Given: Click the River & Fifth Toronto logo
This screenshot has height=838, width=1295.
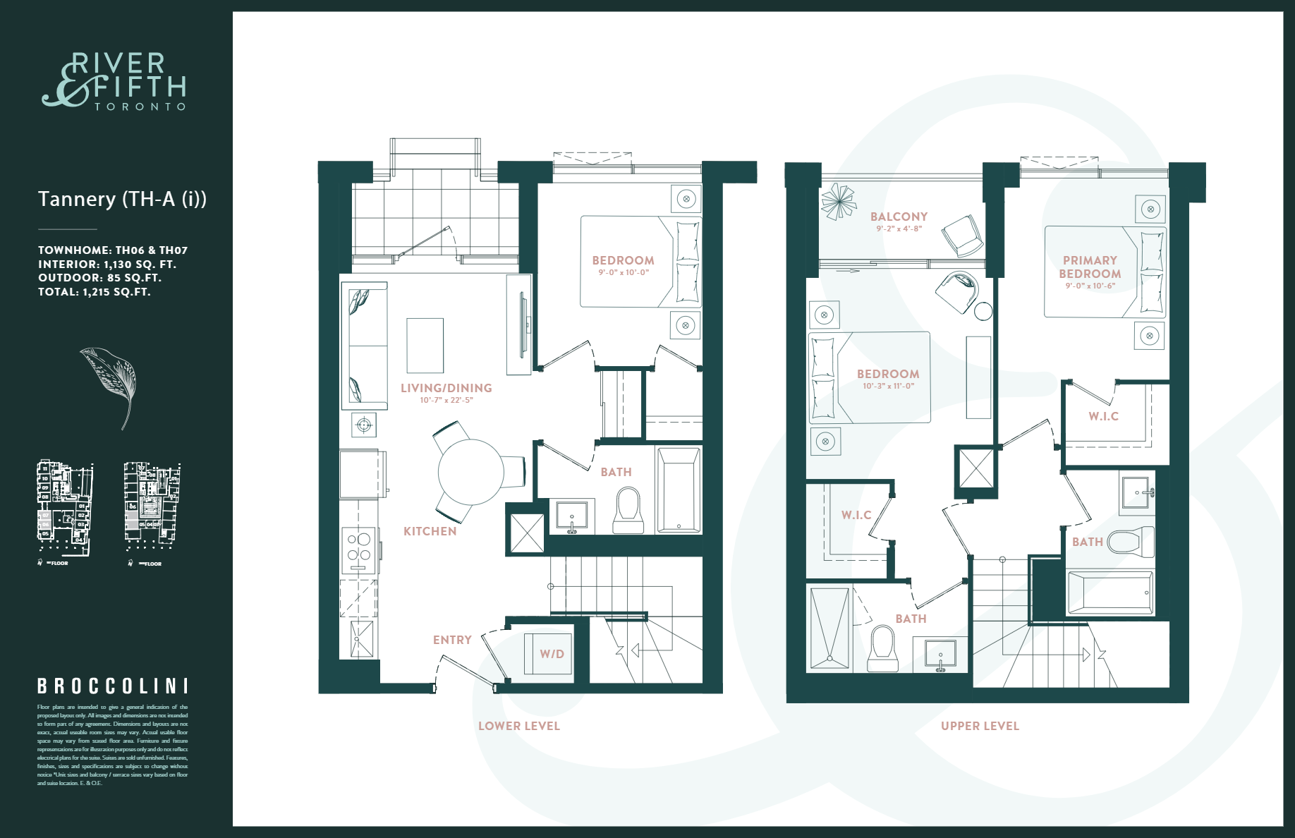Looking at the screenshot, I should coord(115,81).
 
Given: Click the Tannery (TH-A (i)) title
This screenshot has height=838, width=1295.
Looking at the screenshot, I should coord(122,199).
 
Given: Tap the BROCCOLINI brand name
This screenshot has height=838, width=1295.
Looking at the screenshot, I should coord(113,686).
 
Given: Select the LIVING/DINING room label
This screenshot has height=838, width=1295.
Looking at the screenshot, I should coord(446,388).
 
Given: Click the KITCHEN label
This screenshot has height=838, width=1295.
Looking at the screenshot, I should coord(430,531).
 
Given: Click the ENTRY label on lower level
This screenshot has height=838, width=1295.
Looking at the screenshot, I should coord(452,640).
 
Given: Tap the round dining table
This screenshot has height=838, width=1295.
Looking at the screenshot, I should coord(470,472).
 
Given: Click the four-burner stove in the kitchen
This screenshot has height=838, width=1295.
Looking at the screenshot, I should coord(359,547).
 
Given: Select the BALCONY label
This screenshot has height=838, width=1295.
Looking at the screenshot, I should coord(899,217).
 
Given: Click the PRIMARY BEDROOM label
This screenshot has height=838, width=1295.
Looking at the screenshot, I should coord(1090,267).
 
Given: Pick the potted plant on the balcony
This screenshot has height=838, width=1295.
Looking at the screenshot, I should coord(839,201).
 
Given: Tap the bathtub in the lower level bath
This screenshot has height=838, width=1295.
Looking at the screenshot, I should coord(679,490).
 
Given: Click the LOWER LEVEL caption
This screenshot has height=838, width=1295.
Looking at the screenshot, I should coord(518,726).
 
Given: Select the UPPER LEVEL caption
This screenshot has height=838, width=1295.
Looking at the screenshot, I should coord(980,726).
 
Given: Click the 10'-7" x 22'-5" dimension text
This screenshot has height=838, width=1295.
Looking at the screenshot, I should coord(446,400).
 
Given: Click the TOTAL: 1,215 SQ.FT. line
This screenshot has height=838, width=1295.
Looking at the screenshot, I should coord(95,292).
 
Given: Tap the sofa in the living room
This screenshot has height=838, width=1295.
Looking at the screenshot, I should coord(364,346).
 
